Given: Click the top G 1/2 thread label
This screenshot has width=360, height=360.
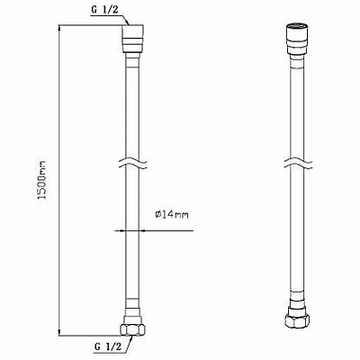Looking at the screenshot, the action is pos(105,10).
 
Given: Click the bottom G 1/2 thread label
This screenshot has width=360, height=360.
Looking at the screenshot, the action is pos(108,347).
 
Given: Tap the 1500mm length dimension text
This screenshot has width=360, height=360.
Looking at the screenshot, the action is pos(42,180).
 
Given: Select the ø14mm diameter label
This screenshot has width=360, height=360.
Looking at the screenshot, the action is pos(172,215).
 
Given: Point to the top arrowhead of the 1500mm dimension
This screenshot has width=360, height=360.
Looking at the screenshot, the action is pos(59,28).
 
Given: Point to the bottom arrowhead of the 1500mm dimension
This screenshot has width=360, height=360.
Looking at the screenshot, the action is pos(59,332).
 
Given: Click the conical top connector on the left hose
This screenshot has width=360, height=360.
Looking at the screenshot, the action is pos(133,39).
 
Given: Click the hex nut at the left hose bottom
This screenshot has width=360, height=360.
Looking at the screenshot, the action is pos(132,328).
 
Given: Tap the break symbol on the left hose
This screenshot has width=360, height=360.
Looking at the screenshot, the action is pos(132,164).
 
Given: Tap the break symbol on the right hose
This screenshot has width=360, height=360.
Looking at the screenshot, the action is pos(298,164).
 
